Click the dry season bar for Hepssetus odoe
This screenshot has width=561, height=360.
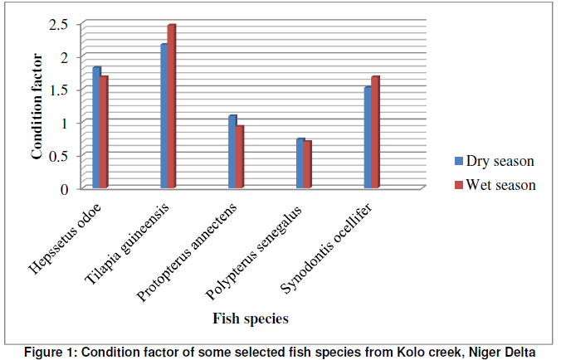coord(96,128)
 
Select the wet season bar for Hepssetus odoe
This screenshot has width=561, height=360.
coord(105,133)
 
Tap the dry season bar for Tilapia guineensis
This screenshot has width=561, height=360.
coord(164,116)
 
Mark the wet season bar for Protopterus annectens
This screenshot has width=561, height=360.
coord(240,157)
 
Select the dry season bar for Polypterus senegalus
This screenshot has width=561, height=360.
coord(300,163)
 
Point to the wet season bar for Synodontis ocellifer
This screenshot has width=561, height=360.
coord(375,133)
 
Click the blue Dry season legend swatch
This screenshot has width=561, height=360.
coord(457,162)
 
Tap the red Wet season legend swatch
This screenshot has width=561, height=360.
coord(457,185)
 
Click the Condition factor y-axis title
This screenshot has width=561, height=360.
coord(37,108)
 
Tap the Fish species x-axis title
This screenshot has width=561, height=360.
coord(250,318)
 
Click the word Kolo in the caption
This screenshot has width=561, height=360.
coord(409,351)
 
